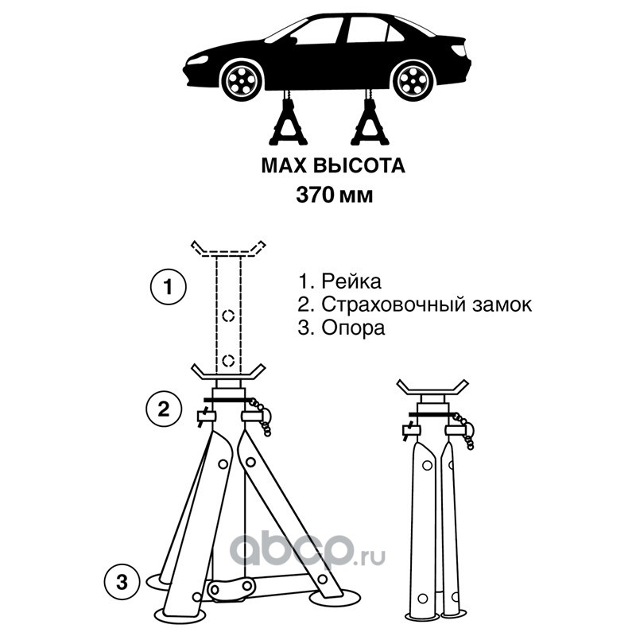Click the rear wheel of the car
coord(413,79)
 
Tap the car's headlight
coord(197,62)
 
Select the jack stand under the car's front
coord(289,118)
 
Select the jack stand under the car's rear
coord(369,118)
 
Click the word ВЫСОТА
coord(360,166)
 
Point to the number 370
coord(315,196)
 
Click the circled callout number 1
coord(169,287)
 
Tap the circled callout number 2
coord(163,409)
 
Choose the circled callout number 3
coord(122,583)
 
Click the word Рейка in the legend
coord(351,282)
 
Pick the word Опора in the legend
coord(353,328)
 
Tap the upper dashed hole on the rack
coord(229,315)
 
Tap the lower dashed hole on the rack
coord(229,359)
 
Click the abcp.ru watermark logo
coord(307,549)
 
